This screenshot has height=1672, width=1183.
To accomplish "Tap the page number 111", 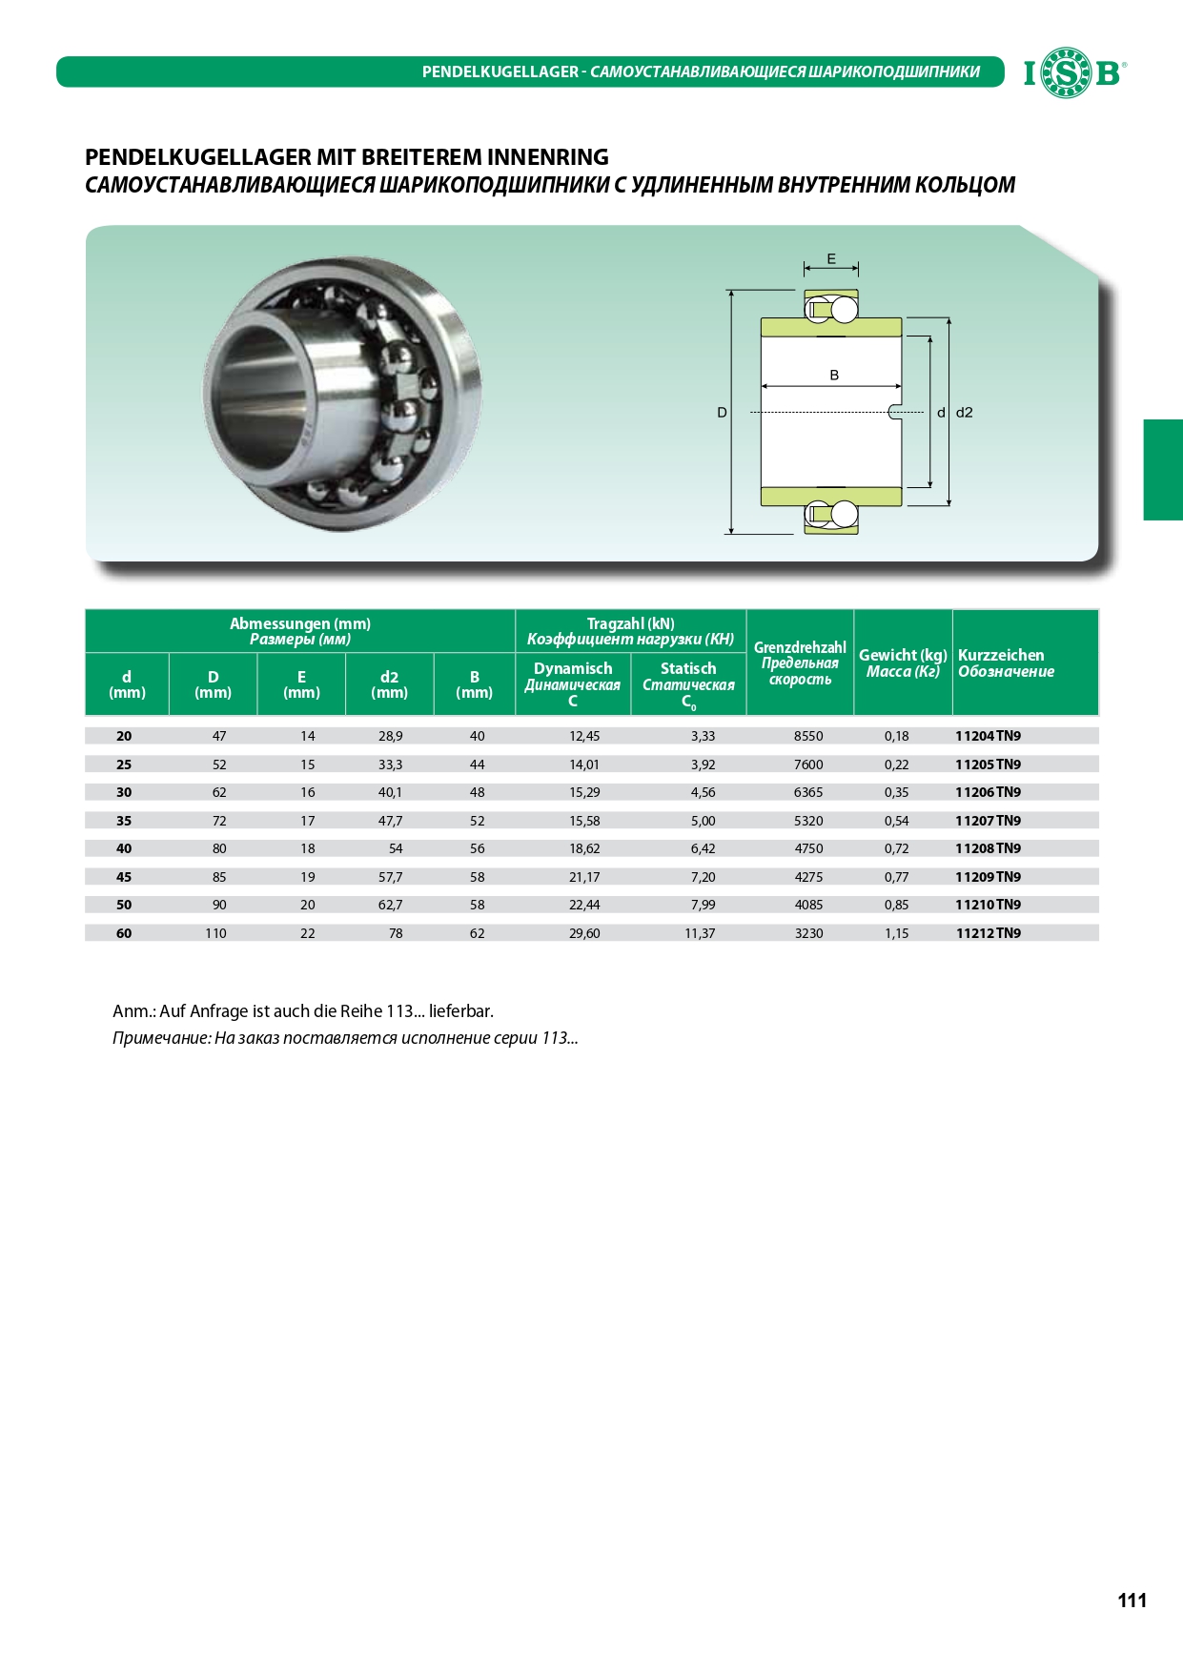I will click(x=1132, y=1601).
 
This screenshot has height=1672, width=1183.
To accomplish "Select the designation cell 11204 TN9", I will click(x=988, y=736).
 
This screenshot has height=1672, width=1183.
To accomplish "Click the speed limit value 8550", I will click(x=808, y=736).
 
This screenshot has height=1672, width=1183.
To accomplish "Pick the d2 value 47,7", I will click(x=390, y=821).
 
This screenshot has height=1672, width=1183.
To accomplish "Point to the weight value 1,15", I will click(x=896, y=933).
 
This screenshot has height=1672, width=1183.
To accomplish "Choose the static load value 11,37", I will click(x=700, y=933).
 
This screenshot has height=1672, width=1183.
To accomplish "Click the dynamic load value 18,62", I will click(x=584, y=848).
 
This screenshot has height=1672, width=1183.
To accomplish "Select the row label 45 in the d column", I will click(x=124, y=877).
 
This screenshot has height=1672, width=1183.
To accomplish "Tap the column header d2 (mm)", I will click(x=389, y=684).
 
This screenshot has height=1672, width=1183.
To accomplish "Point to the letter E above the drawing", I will click(x=831, y=258).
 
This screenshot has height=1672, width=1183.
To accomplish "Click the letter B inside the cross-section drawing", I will click(x=834, y=375).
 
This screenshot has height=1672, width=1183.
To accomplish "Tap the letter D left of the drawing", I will click(x=722, y=413).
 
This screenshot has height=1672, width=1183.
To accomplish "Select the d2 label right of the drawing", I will click(x=965, y=413).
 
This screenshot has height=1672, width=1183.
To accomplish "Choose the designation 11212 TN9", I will click(x=988, y=933).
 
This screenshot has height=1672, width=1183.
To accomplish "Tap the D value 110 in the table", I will click(x=215, y=933).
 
